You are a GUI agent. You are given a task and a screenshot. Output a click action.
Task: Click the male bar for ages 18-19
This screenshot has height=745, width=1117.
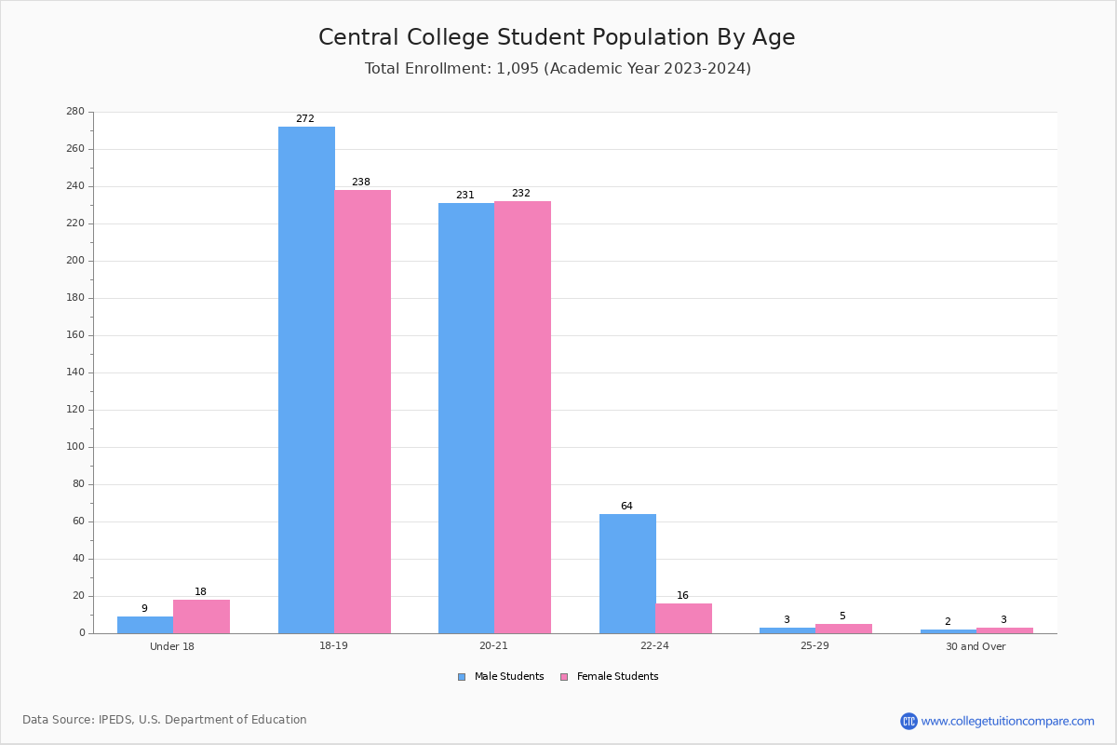tap(306, 380)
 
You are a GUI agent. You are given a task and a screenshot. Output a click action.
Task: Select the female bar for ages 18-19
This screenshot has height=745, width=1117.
tap(363, 412)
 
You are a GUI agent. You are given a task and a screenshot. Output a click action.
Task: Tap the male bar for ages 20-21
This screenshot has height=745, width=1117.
tap(466, 418)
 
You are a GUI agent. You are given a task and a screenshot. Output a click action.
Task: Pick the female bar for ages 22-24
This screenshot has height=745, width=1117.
tap(683, 618)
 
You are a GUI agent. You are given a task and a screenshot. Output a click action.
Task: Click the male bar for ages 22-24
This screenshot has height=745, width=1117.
tap(627, 574)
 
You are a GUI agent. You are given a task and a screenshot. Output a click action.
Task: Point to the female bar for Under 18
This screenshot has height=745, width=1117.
tap(201, 616)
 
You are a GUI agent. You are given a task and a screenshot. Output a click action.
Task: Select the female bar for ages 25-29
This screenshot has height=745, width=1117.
tap(843, 629)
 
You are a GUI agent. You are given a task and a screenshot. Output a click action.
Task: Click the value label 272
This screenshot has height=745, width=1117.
tap(305, 119)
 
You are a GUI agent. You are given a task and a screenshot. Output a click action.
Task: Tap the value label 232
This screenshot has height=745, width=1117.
tap(521, 194)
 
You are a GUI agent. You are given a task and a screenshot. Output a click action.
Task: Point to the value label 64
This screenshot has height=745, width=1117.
tap(626, 507)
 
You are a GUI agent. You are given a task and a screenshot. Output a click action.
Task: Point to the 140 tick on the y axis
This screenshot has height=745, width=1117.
tap(75, 372)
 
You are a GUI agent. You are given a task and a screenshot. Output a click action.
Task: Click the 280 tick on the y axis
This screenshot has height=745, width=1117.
tap(75, 112)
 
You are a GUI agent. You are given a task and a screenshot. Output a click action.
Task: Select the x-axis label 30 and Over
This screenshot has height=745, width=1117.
tap(976, 646)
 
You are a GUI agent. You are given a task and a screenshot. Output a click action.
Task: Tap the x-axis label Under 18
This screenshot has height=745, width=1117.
tap(172, 646)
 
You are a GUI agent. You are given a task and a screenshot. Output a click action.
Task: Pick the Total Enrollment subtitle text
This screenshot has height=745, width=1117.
tap(558, 69)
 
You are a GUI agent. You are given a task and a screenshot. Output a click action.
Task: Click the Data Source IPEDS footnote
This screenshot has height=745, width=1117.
tap(165, 720)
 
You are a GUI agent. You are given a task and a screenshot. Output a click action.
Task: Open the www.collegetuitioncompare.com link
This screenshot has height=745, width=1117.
tap(1007, 721)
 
